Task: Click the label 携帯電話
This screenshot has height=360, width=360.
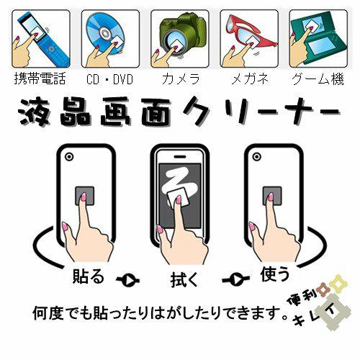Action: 40,78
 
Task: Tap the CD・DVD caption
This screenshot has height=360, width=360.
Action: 109,79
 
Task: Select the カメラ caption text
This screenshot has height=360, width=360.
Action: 181,78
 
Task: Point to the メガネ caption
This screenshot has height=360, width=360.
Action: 250,78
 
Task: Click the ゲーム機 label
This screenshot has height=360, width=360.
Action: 318,78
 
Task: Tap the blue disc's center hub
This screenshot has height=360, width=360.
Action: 104,32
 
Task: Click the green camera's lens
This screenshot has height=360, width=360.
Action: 174,45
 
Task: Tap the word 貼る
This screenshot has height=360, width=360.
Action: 89,276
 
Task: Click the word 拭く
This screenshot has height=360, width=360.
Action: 184,279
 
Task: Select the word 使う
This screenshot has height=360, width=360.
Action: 275,274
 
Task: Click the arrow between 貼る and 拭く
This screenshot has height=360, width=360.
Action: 127,280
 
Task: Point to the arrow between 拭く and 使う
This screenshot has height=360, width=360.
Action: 235,279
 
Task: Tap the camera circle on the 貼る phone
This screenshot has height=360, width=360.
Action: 69,157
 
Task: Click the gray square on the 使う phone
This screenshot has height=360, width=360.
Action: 272,196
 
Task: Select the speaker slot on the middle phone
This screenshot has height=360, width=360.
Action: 180,157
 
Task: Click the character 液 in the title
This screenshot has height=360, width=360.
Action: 34,112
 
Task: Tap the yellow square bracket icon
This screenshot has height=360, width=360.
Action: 338,283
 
